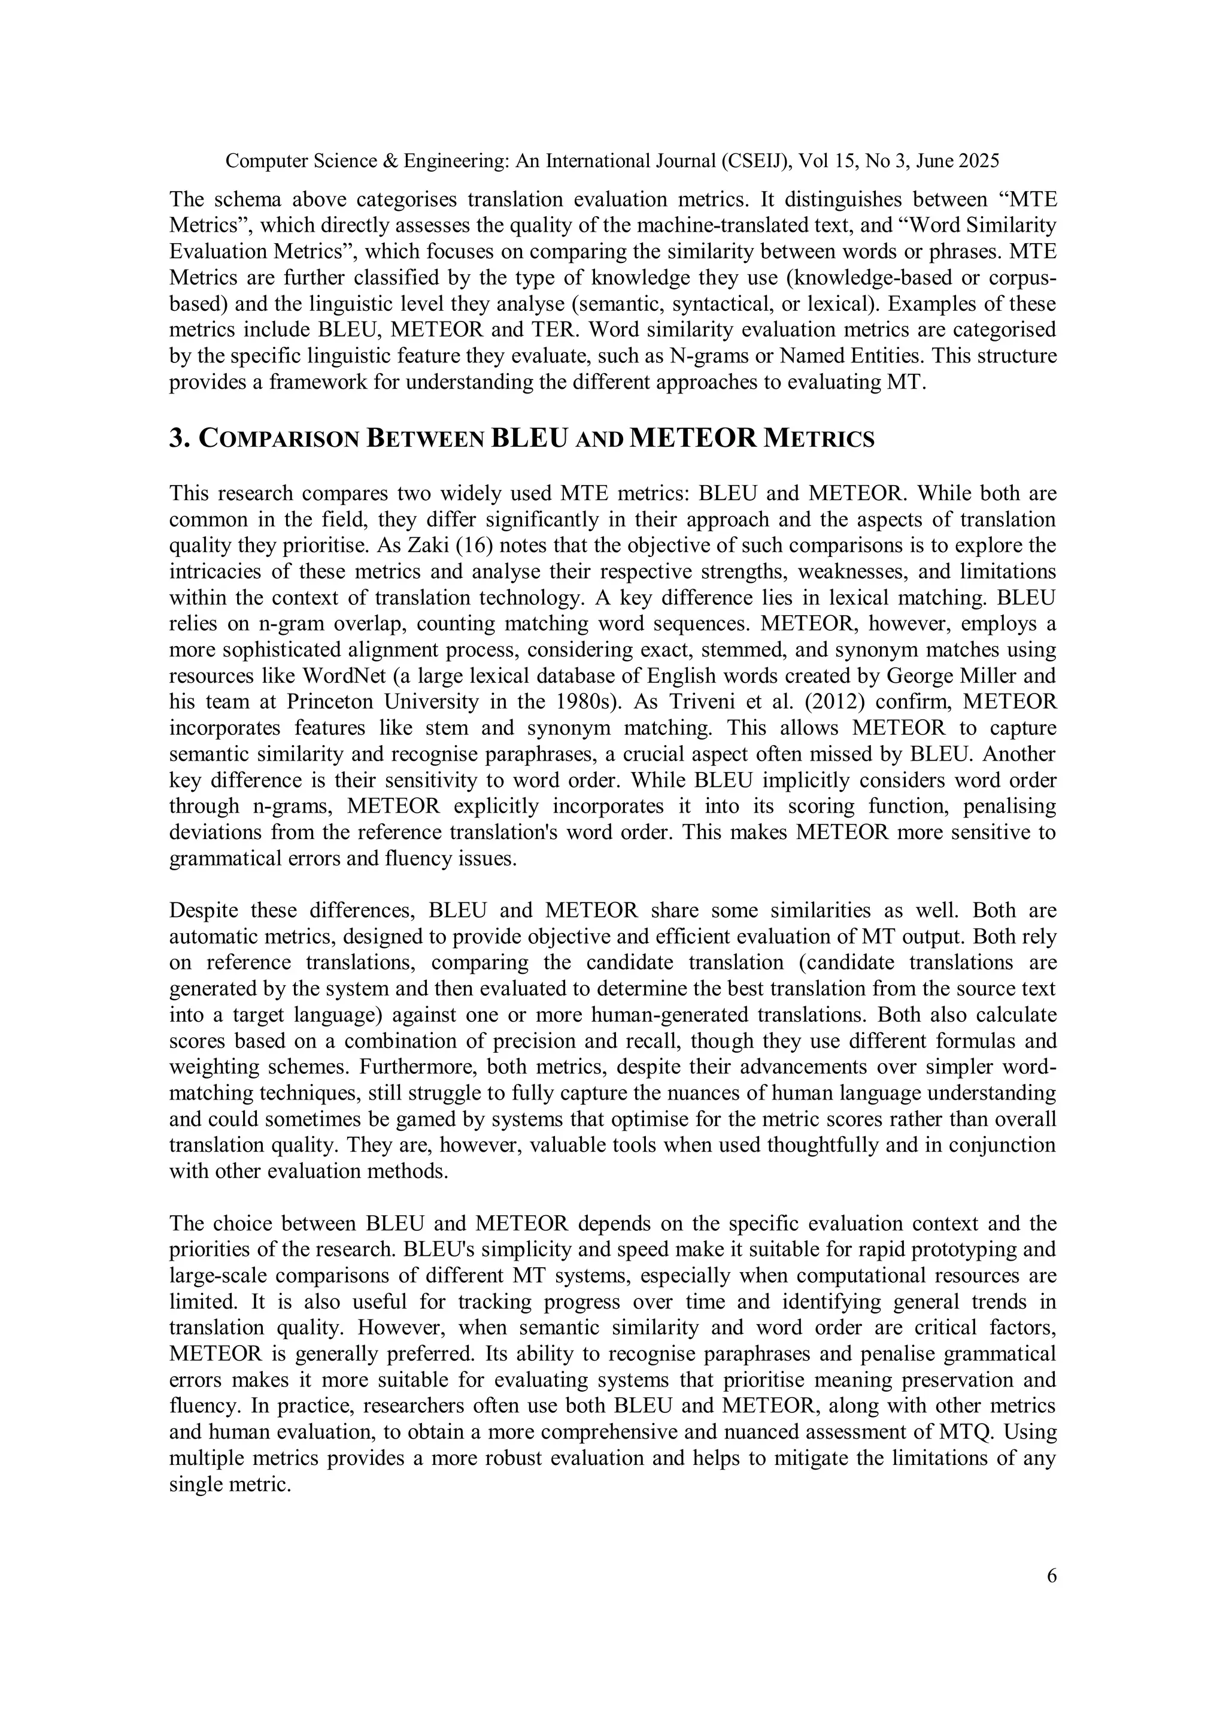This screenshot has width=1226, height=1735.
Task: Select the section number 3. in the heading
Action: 178,438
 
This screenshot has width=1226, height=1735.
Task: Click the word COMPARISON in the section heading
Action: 278,440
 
